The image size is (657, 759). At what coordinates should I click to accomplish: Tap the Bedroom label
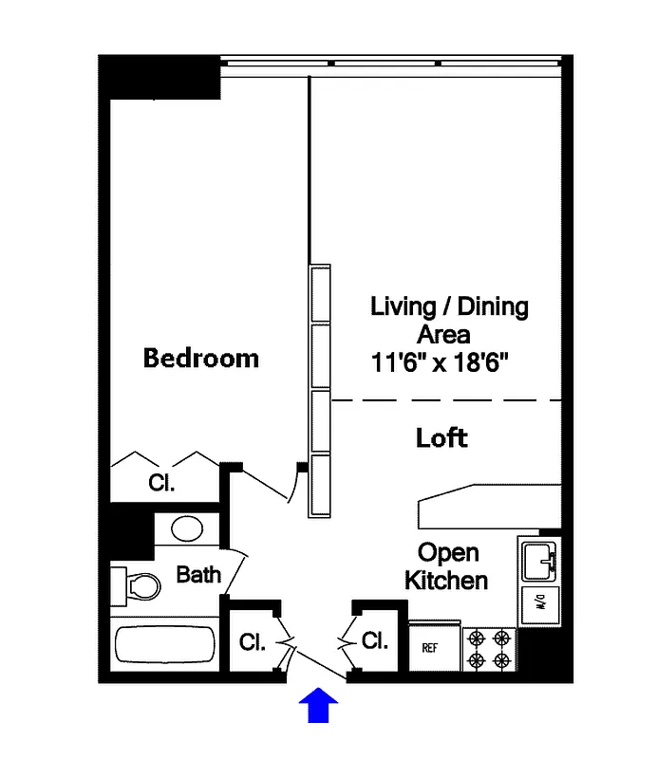(200, 358)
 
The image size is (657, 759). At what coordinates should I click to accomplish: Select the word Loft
(441, 437)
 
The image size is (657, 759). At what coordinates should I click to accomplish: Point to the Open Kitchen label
(447, 565)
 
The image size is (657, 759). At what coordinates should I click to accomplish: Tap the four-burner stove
(489, 648)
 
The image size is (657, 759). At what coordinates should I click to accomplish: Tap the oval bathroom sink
(186, 528)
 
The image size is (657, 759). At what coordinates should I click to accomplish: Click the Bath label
(198, 574)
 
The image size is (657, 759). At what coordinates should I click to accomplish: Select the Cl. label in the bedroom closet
(161, 483)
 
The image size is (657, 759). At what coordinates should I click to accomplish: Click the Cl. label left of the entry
(253, 642)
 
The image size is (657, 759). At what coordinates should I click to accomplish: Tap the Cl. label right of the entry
(375, 640)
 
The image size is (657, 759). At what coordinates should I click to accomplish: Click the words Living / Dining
(449, 306)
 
